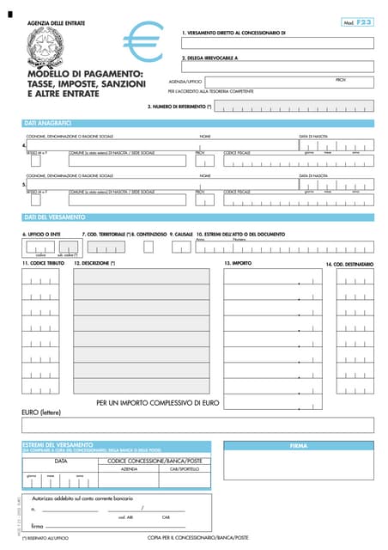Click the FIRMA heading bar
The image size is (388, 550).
pyautogui.click(x=299, y=446)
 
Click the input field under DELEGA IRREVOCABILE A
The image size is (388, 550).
pyautogui.click(x=276, y=67)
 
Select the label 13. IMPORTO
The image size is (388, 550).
pyautogui.click(x=237, y=263)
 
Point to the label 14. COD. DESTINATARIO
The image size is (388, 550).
pyautogui.click(x=349, y=264)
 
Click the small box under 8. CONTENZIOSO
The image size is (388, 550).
pyautogui.click(x=149, y=247)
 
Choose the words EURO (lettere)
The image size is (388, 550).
pyautogui.click(x=41, y=412)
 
